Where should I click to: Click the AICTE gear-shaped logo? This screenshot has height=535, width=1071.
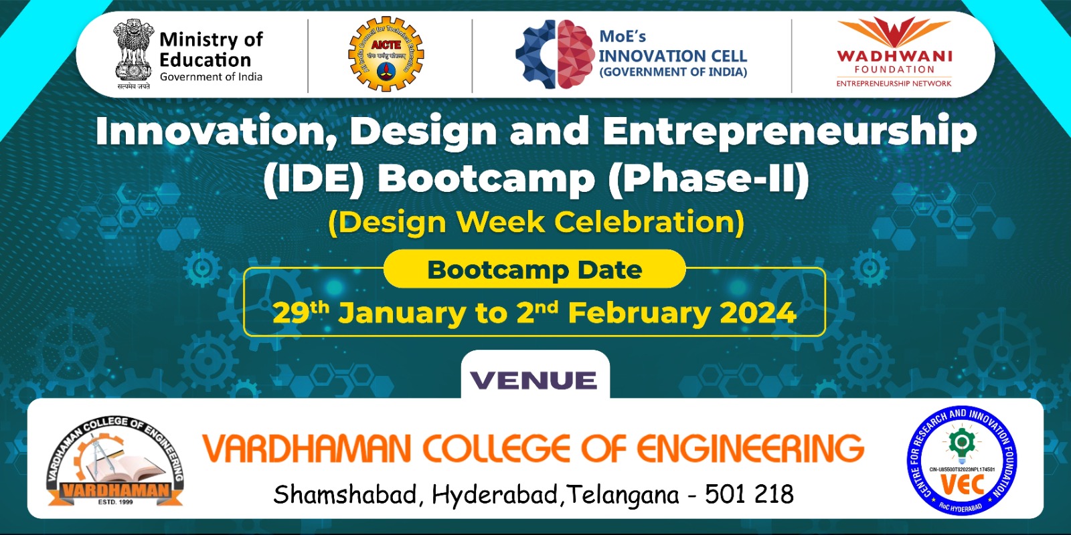point(386,55)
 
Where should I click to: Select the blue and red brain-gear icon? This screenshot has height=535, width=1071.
point(554,55)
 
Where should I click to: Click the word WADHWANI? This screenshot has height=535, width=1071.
point(894,56)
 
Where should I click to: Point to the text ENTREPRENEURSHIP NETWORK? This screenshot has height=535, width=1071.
point(894,84)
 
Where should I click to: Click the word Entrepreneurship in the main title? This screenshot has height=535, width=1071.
point(789,130)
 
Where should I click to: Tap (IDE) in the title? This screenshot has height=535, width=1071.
point(314,179)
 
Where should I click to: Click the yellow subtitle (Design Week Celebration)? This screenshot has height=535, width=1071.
point(535,222)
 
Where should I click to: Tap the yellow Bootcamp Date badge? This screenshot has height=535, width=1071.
point(534,270)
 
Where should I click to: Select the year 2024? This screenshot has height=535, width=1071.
point(758,313)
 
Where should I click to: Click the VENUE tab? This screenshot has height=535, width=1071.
point(534,380)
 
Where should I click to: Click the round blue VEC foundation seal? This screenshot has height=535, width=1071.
point(962,461)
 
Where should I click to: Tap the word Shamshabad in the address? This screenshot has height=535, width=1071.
point(345,495)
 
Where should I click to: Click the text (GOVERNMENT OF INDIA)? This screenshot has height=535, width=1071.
point(673,72)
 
